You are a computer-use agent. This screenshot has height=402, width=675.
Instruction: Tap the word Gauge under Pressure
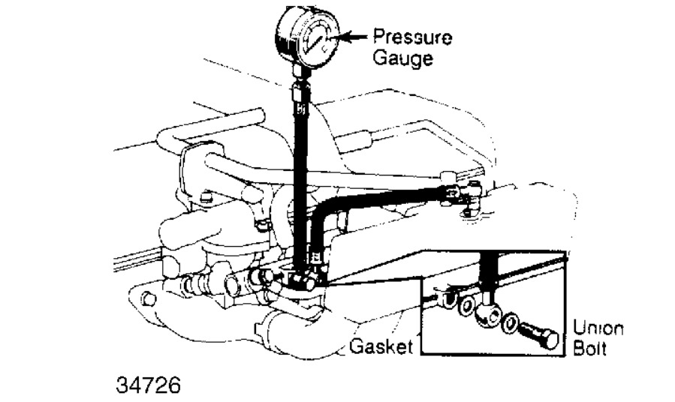(405, 58)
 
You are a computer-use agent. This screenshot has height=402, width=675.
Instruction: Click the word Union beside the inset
(598, 328)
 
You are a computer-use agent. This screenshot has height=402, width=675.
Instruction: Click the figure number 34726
(149, 387)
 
